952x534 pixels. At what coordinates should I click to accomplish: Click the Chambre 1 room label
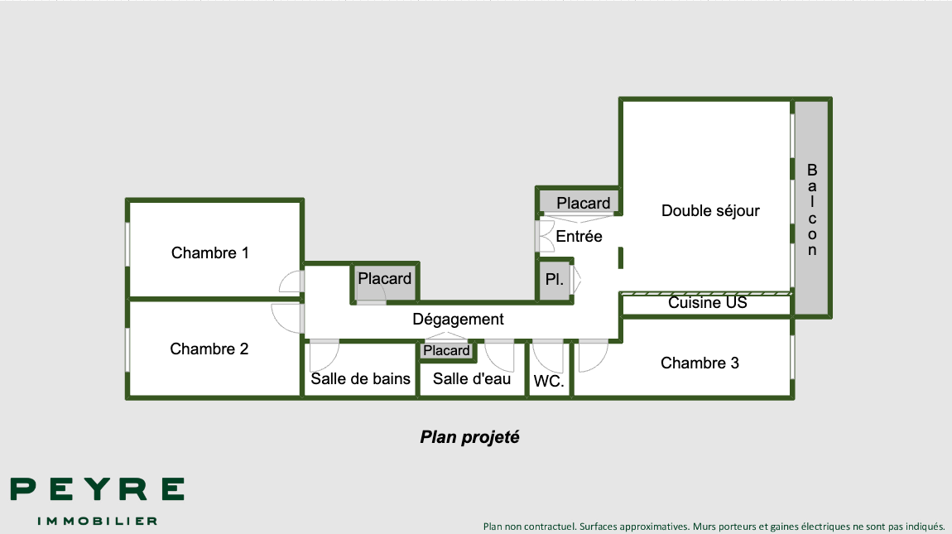(209, 253)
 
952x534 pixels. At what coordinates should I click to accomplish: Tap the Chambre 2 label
(209, 349)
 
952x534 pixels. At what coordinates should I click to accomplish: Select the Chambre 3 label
(700, 363)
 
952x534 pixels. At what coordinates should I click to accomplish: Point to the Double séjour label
(710, 211)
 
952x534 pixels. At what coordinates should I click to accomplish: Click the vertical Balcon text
(812, 209)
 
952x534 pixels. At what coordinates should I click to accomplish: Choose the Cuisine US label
(707, 303)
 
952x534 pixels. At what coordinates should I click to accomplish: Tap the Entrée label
(579, 236)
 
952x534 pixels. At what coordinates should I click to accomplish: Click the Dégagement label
(458, 319)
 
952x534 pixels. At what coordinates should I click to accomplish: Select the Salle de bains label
(360, 378)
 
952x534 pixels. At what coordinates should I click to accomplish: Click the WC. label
(549, 382)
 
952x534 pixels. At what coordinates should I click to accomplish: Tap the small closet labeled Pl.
(554, 280)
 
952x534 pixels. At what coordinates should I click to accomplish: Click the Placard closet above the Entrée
(583, 203)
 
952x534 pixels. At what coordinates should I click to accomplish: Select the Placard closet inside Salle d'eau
(446, 351)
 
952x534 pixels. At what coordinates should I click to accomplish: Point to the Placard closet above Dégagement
(384, 279)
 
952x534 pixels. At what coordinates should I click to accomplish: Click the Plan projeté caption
(469, 437)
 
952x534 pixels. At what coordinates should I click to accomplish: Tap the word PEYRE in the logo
(97, 489)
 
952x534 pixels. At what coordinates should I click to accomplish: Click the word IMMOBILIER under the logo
(97, 521)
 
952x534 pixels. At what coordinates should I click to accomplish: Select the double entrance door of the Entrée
(545, 235)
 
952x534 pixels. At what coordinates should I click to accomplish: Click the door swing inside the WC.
(547, 356)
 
